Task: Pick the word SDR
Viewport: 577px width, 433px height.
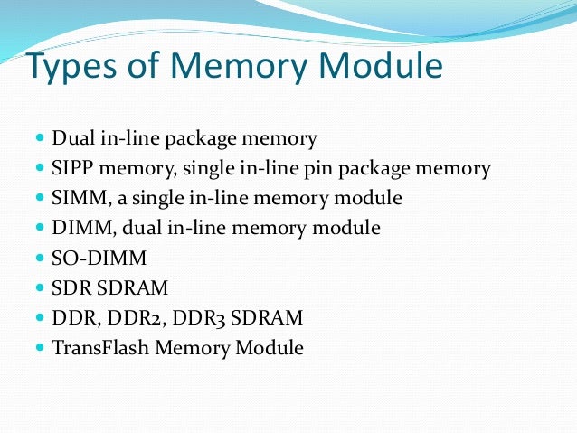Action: tap(71, 288)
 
